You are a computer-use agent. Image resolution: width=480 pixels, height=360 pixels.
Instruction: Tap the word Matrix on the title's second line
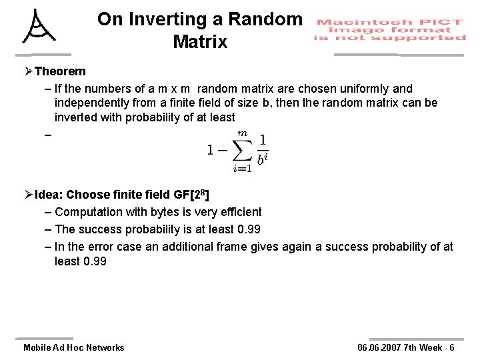pos(200,42)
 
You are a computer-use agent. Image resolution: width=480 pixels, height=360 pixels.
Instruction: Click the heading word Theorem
pos(60,71)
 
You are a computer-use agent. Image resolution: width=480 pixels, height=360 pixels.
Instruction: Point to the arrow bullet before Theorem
pos(28,71)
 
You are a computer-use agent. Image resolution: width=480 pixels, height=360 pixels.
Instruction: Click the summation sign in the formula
pos(241,149)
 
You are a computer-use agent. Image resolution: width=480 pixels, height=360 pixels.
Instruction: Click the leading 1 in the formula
pos(211,150)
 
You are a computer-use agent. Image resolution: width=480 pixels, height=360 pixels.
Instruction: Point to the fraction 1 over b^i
pos(262,150)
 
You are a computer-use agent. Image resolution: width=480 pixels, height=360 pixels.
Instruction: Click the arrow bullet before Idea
pos(28,195)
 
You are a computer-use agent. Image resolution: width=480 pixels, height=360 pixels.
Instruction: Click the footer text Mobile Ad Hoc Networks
pos(73,347)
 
